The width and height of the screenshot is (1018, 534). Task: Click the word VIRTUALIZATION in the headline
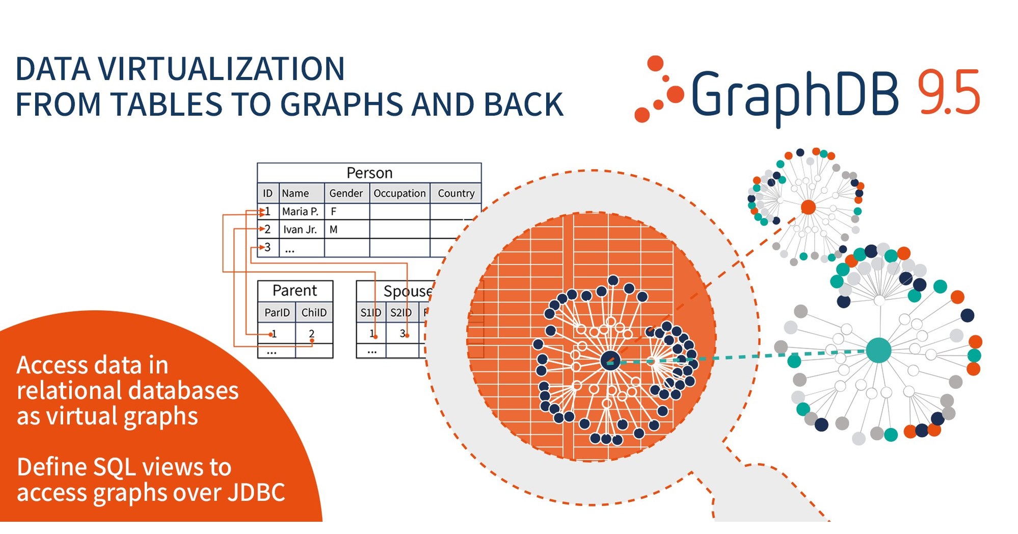[221, 69]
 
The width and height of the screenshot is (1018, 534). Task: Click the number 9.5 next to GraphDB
[948, 93]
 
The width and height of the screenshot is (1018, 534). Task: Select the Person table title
[369, 173]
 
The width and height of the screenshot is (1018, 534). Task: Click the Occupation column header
[399, 193]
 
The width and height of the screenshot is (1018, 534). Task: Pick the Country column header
[456, 193]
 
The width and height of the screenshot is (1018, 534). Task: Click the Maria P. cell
[300, 211]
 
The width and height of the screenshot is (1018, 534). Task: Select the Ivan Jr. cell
[300, 230]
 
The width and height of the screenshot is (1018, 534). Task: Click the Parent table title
[294, 291]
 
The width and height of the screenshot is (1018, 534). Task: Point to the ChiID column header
[314, 313]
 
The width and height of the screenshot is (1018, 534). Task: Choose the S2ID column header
[401, 313]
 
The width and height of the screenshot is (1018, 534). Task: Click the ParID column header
[277, 313]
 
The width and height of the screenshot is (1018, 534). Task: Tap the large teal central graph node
[878, 350]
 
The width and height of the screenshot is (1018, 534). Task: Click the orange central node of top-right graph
[808, 207]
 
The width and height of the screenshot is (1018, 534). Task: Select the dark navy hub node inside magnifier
[610, 361]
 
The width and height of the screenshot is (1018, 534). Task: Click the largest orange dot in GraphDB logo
[675, 95]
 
